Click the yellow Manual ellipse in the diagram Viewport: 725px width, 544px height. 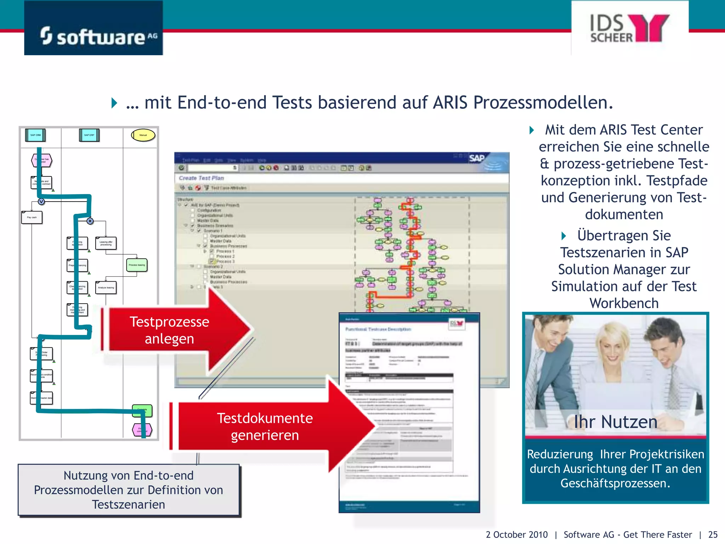point(143,135)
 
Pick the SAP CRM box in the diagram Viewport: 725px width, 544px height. point(35,135)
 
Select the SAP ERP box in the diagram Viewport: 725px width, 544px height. point(89,135)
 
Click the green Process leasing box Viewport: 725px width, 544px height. point(137,265)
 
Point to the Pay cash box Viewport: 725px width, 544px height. point(32,217)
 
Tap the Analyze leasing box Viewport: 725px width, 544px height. point(106,288)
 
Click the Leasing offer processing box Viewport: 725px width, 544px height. point(106,243)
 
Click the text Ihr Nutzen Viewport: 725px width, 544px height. point(615,422)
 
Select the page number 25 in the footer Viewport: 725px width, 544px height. point(713,534)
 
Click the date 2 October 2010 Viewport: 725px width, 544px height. point(516,534)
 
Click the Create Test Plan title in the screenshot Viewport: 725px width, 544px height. point(201,178)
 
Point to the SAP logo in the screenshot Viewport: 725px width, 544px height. point(477,158)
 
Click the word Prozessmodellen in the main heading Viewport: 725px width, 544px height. point(543,103)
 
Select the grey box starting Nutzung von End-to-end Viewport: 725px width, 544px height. point(129,490)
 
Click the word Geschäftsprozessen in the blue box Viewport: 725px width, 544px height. point(615,483)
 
